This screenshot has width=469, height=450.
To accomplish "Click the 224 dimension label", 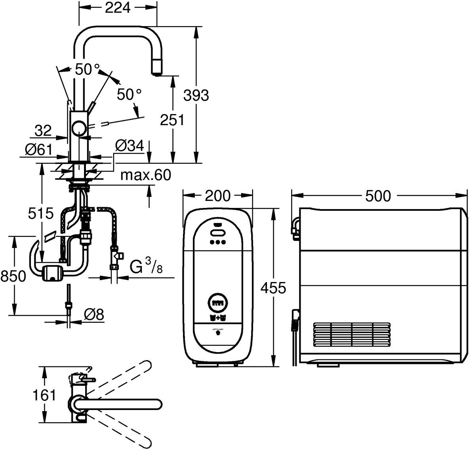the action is click(118, 8).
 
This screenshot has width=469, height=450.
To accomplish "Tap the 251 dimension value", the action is click(172, 120).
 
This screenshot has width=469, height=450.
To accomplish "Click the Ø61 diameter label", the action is click(38, 149).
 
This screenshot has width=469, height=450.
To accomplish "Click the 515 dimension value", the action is click(41, 214).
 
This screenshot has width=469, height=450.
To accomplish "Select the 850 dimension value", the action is click(13, 276).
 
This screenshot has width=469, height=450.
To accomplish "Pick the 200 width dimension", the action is click(217, 196).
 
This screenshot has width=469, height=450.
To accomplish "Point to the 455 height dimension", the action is click(273, 288).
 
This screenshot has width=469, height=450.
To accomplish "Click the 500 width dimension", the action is click(378, 196).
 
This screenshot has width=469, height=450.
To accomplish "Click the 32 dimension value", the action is click(43, 131).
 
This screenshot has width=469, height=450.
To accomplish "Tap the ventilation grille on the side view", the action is click(352, 335).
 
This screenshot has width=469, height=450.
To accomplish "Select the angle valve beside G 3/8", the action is click(115, 255).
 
